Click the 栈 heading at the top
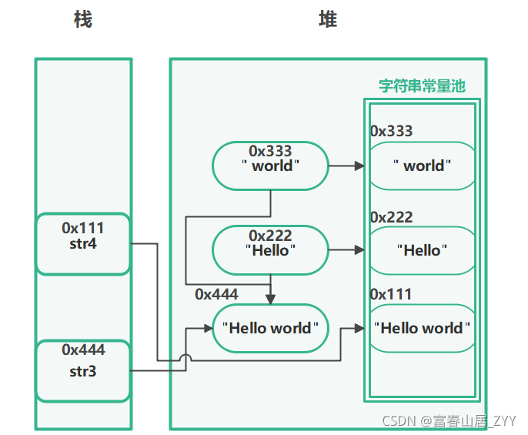82,20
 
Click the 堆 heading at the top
328,20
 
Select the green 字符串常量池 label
422,86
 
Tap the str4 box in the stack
82,244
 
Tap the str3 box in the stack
82,371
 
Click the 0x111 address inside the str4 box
82,228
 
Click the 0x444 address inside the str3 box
82,350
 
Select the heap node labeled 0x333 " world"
270,165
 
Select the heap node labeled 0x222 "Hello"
270,249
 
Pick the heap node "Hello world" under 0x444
270,328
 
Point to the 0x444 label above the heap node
216,294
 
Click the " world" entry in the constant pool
422,166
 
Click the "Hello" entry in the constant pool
422,250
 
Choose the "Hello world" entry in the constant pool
422,328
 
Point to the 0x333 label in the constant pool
391,131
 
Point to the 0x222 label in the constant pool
391,218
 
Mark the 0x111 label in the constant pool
391,294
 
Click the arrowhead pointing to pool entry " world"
359,166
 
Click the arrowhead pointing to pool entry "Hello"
359,250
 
